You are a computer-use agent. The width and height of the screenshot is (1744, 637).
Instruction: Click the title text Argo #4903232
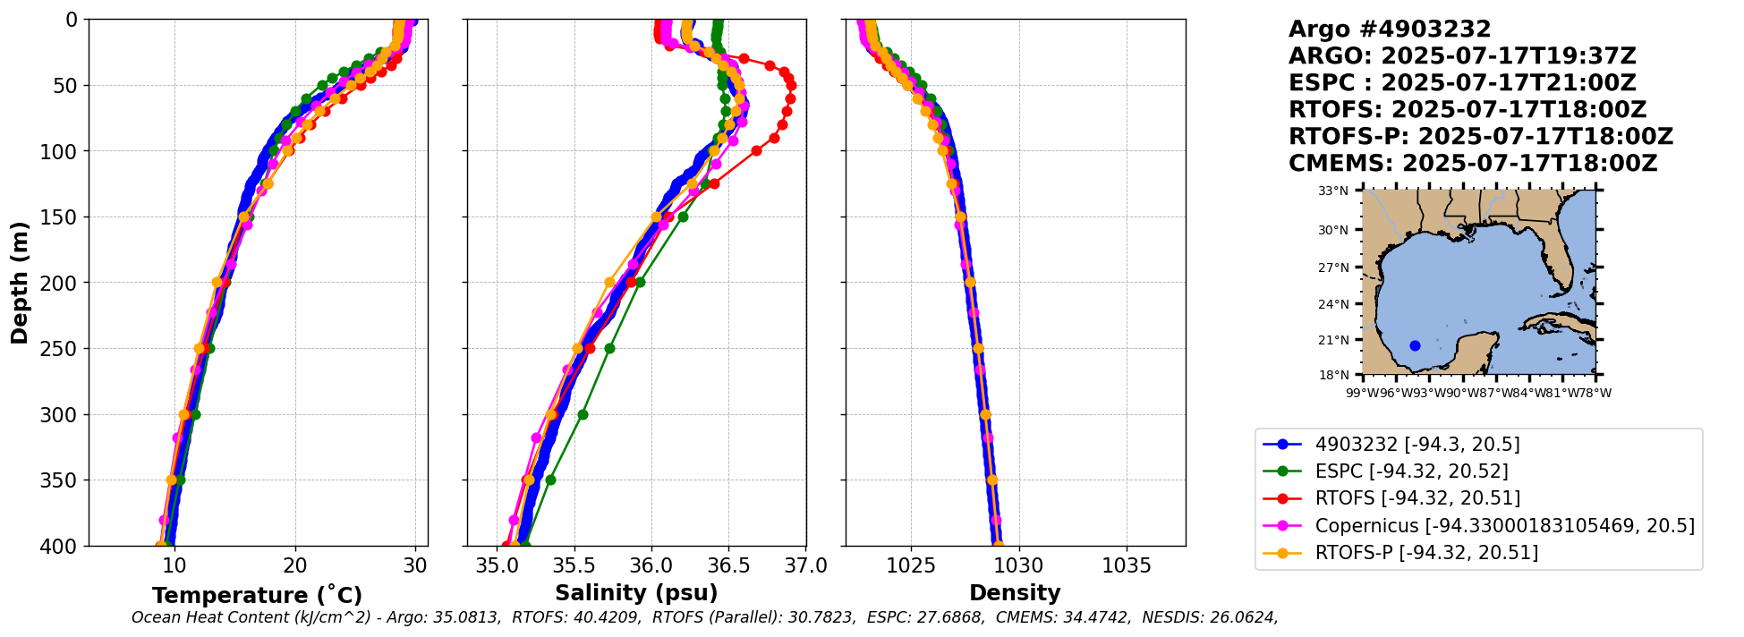1389,30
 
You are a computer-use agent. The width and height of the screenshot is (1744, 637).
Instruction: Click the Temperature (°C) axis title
257,595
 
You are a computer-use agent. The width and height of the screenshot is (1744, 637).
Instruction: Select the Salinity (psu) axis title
636,593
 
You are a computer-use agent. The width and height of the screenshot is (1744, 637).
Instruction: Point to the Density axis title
1015,593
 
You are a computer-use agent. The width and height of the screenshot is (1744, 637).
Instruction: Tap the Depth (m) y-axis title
20,282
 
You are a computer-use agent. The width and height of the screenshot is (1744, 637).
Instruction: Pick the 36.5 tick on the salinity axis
728,566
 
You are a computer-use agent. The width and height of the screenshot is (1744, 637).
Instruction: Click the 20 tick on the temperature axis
295,566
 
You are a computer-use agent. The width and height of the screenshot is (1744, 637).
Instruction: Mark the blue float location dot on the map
1415,345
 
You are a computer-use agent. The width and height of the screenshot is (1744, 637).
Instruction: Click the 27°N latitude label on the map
1333,268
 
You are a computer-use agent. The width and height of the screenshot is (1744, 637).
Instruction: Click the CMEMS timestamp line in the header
1472,164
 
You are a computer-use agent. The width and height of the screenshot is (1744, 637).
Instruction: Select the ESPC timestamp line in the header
1462,83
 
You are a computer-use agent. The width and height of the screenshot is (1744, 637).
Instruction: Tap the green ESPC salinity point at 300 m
583,414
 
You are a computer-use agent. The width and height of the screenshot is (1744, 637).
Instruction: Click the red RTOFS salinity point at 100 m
756,150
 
